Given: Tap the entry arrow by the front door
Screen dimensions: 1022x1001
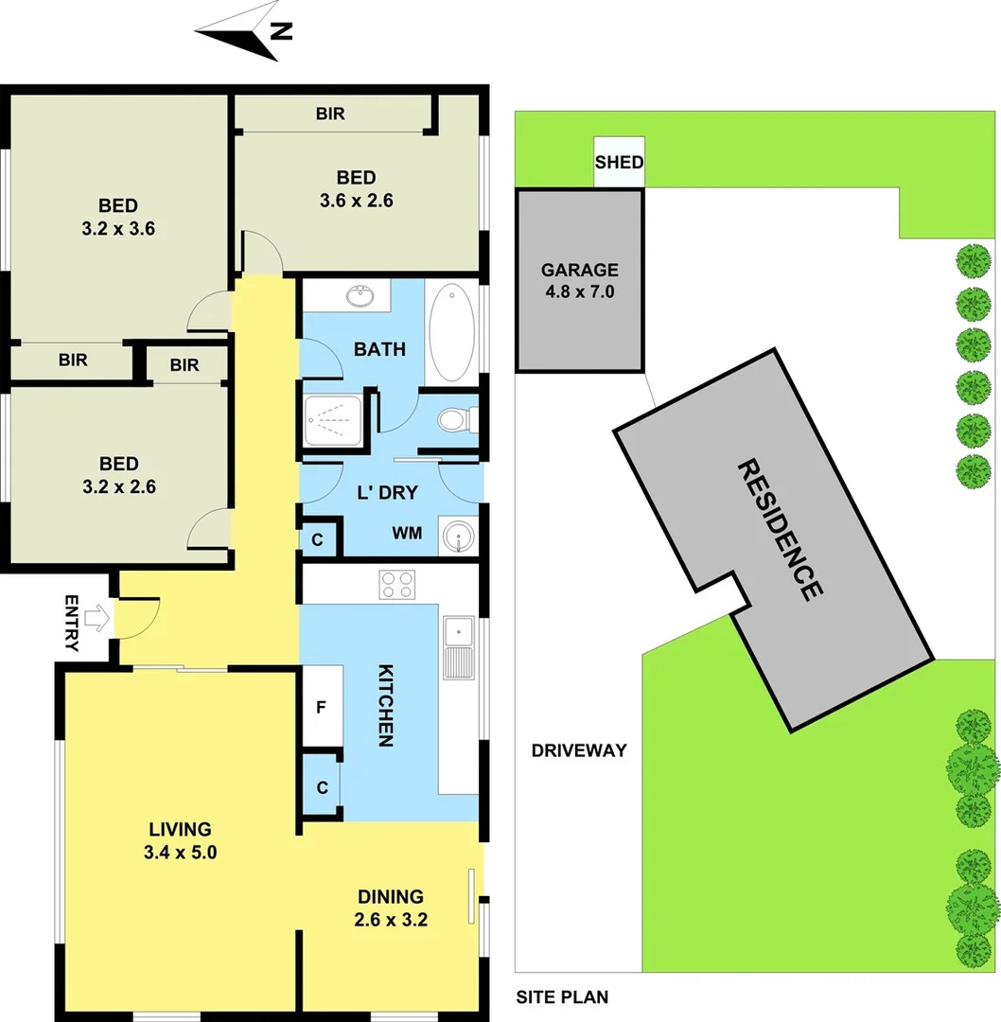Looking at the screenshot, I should [96, 620].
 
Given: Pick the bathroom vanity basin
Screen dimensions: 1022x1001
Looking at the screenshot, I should [360, 296].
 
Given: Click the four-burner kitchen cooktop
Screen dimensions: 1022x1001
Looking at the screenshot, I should [396, 584].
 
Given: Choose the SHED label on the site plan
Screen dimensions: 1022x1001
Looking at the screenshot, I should [619, 163].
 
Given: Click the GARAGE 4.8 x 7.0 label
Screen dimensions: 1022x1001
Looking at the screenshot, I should [579, 281].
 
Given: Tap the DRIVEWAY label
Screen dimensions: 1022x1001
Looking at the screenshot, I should [579, 751].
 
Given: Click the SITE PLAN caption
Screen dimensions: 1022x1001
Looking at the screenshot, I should [562, 996].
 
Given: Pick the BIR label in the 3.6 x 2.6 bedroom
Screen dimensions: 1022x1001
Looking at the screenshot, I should [330, 115].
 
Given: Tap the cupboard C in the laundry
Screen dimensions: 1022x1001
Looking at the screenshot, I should [318, 539].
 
